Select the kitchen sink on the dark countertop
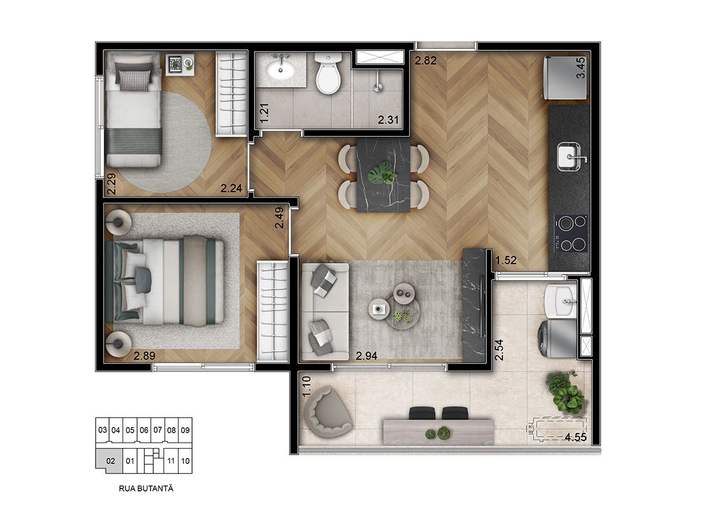[571, 157]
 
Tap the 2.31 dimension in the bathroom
[388, 120]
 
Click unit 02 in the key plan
[110, 460]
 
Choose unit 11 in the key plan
[170, 460]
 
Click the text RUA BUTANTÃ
[146, 489]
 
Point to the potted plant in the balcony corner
[565, 393]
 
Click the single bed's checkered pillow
[134, 79]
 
